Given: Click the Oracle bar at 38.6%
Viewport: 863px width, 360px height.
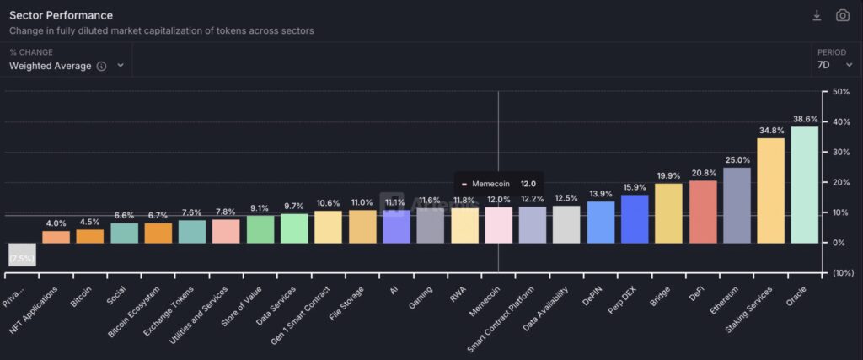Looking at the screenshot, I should (804, 185).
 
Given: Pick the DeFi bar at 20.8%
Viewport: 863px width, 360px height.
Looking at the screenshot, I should (703, 212).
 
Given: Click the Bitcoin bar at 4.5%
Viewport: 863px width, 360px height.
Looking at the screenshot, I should (89, 236).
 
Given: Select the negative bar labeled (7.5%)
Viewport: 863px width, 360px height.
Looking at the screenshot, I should (22, 255).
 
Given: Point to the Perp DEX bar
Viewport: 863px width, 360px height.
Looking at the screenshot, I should (635, 219).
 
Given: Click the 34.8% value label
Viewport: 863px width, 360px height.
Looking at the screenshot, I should (770, 131).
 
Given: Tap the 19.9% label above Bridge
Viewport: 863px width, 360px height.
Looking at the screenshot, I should (668, 176).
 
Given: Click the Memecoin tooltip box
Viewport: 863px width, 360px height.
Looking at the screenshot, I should (499, 183).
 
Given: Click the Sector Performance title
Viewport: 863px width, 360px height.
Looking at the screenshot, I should (61, 15).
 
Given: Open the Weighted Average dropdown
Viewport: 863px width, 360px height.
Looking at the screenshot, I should (67, 66).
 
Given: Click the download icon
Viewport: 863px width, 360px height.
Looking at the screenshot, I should (817, 15).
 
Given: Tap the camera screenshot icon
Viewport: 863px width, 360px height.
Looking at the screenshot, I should (842, 15).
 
